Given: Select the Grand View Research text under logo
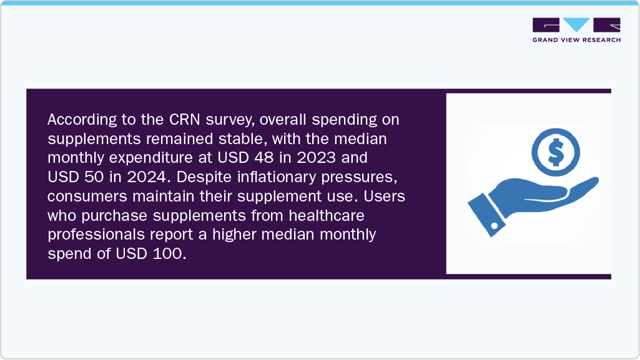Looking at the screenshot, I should [x=576, y=40].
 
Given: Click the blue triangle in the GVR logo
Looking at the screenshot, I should [x=576, y=25].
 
